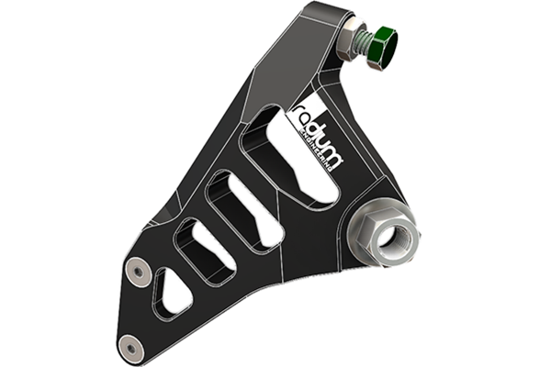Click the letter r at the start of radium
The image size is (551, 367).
(x=297, y=108)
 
